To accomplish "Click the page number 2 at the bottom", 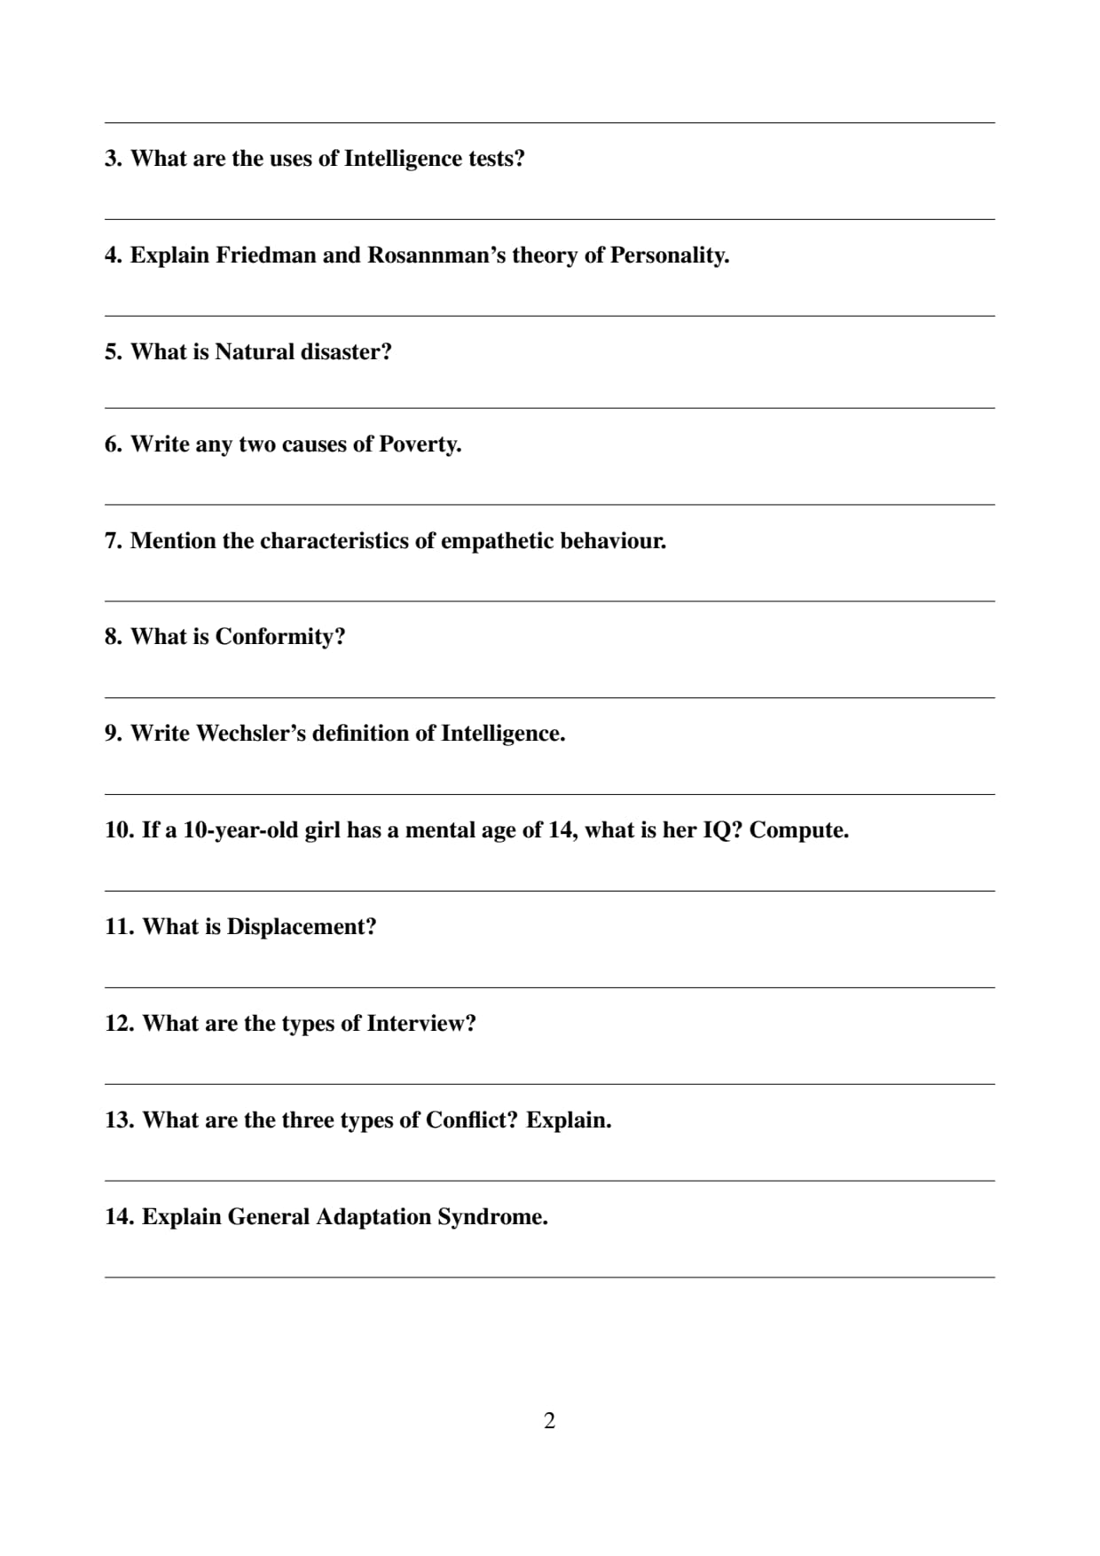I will click(x=549, y=1420).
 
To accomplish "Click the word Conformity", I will click(x=279, y=637).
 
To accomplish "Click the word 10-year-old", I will click(x=240, y=830).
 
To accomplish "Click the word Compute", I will click(x=798, y=830).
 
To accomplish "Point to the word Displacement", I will click(x=302, y=927).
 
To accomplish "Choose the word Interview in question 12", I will click(x=421, y=1024).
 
